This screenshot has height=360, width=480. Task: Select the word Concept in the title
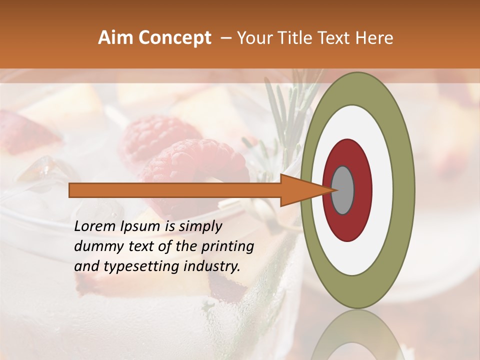point(174,38)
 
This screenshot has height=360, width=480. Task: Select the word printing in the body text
point(228,247)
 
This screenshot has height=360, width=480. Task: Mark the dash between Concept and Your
point(225,38)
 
